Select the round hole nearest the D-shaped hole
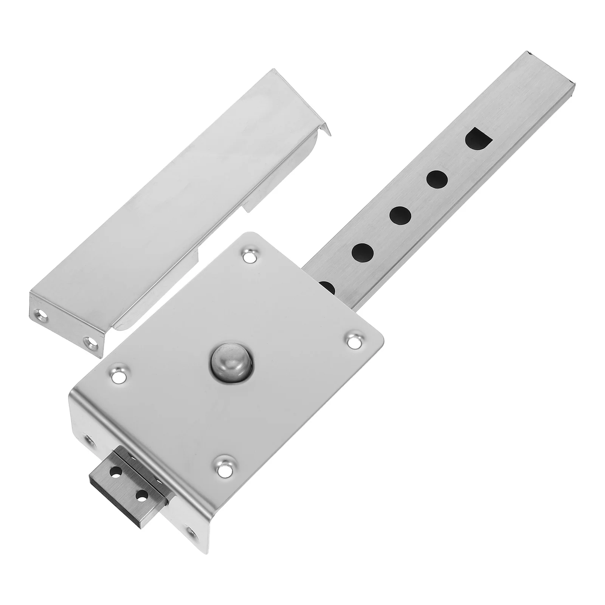437,179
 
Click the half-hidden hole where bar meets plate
327,287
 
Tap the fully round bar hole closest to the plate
362,252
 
